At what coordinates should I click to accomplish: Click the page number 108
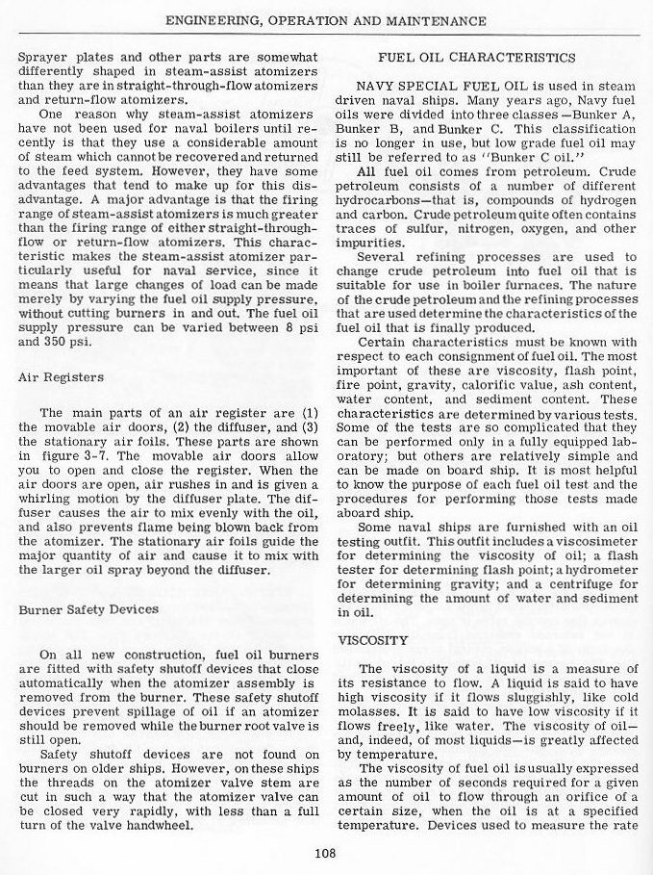coord(326,851)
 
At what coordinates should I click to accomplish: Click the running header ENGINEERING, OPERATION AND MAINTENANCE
coord(326,20)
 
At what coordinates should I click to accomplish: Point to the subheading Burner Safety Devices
coord(88,609)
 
